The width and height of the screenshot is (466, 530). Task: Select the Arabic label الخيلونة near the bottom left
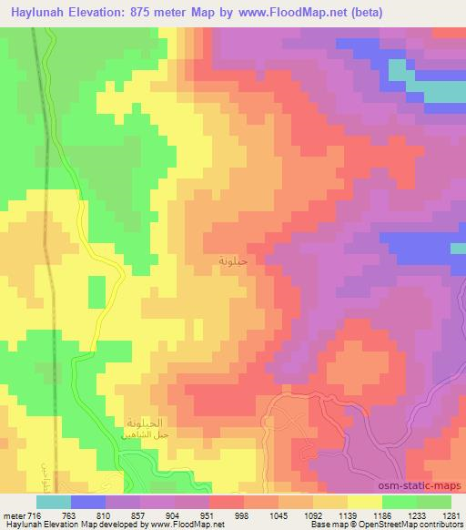tap(143, 423)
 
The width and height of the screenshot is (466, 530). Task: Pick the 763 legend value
tap(80, 516)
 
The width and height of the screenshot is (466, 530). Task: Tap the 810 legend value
tap(121, 516)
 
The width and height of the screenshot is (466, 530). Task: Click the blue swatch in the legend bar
tap(88, 502)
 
